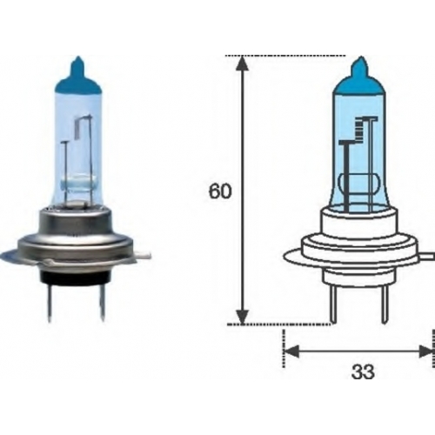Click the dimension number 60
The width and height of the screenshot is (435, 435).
[220, 191]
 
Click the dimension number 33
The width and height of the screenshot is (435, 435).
[363, 371]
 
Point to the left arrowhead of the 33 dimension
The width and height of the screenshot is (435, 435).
[291, 351]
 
